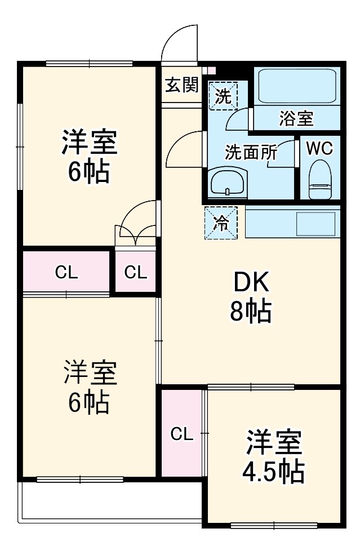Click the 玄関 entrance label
point(181,86)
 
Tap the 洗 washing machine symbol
point(224,95)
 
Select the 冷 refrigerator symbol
point(221,223)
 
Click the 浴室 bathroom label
point(296,118)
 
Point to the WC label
point(319,148)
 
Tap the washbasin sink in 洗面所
point(226,182)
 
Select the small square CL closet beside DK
point(136,273)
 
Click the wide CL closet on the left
point(66,273)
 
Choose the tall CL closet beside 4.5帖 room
point(181,434)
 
